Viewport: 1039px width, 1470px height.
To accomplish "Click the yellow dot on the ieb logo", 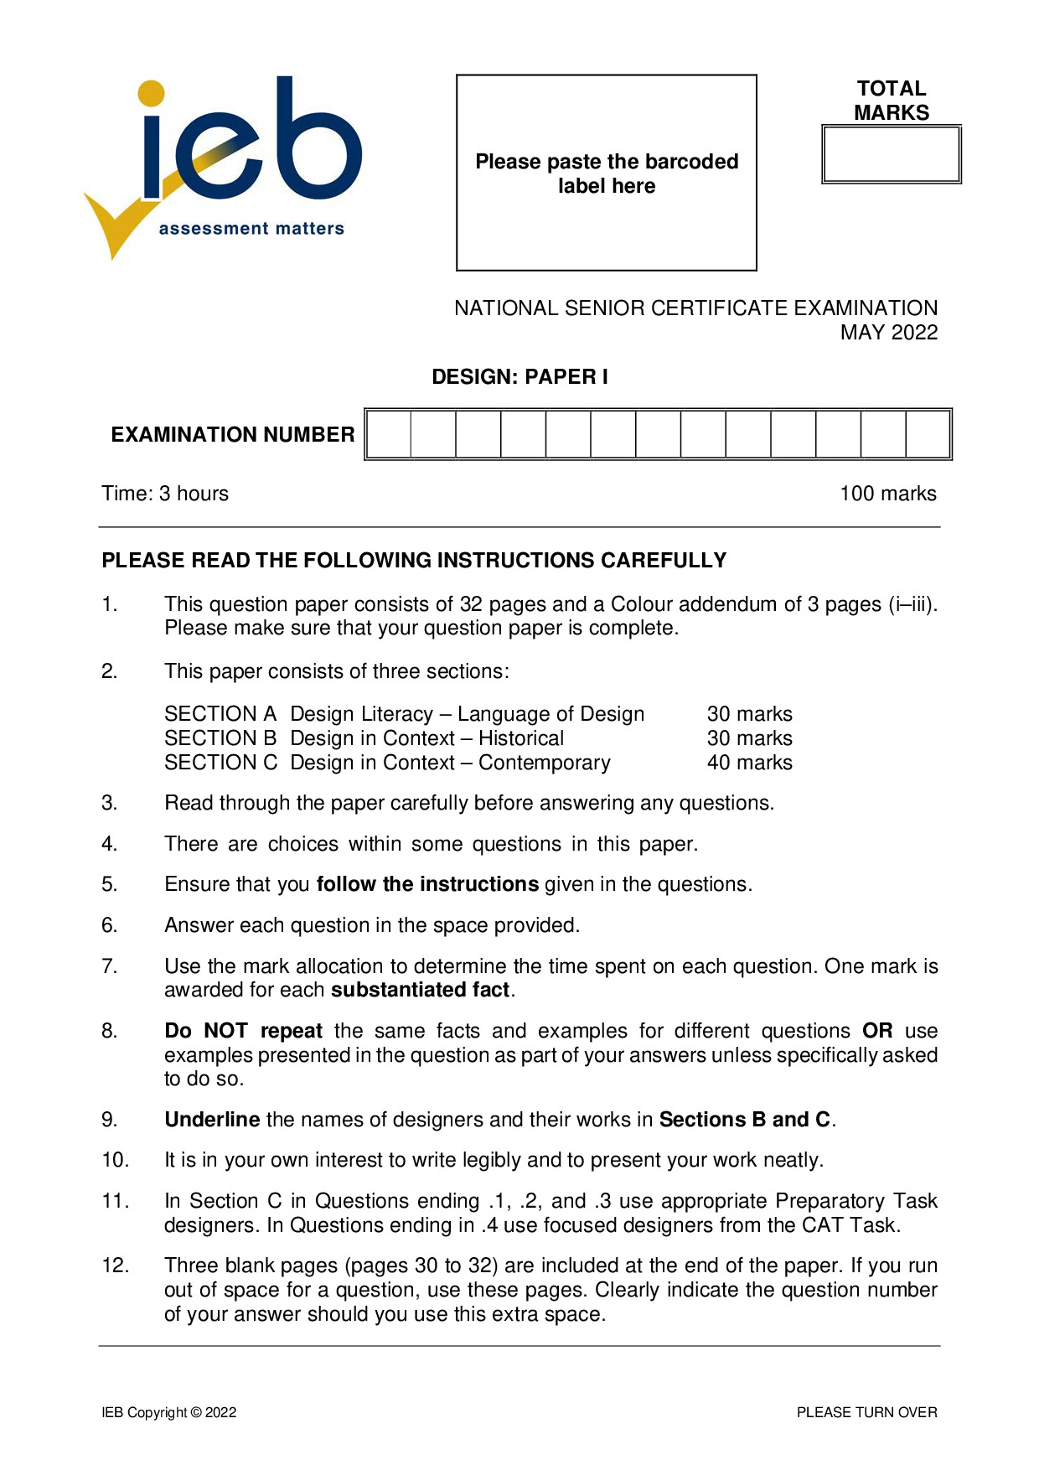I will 151,93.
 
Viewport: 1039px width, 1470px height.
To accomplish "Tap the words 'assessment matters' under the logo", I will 251,229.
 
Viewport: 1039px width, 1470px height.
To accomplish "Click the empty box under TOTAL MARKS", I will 891,154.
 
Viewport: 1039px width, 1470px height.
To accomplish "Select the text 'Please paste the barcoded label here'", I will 607,173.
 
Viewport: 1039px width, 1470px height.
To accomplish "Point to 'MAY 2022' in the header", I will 888,333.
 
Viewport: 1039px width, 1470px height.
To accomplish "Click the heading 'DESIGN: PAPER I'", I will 519,377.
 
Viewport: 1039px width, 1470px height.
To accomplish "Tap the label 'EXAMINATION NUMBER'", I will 233,434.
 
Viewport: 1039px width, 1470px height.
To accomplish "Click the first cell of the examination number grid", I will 389,434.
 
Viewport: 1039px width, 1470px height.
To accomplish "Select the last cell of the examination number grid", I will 928,434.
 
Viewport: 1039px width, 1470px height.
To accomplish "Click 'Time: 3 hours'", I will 165,494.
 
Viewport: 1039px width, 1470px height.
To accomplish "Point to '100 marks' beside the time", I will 887,494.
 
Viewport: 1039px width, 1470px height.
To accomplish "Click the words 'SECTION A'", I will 220,714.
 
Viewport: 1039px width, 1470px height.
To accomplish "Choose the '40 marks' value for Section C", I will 749,763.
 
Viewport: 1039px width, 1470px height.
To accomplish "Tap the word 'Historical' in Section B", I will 521,738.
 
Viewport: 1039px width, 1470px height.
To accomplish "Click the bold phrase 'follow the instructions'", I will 427,884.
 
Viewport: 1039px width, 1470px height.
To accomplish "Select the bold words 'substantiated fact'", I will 421,990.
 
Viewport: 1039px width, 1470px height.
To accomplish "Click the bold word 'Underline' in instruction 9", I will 212,1120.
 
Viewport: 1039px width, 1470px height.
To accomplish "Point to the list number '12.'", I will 116,1266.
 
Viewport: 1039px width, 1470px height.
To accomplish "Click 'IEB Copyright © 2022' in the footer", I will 169,1412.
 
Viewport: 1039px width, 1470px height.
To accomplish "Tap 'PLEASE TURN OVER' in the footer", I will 866,1412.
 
